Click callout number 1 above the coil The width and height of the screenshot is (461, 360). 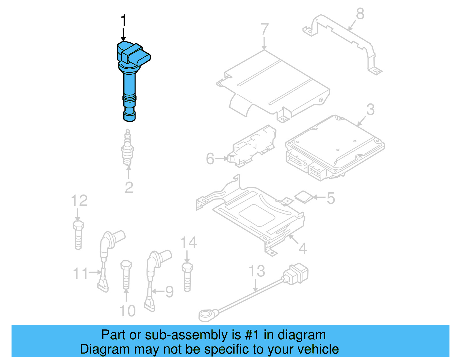point(123,21)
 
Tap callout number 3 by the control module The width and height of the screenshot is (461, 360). point(371,110)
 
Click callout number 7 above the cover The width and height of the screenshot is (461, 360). point(264,29)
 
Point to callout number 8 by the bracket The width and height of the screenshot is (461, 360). point(360,14)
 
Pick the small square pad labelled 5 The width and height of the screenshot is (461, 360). point(303,197)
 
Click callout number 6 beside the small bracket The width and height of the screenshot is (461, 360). point(210,159)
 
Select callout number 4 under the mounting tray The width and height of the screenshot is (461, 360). point(303,248)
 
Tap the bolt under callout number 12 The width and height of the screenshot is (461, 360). point(78,235)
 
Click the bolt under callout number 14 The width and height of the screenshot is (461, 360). point(187,277)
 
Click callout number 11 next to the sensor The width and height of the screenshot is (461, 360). point(80,274)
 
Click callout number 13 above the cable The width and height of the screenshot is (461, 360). point(256,271)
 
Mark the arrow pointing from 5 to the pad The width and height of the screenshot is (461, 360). point(319,197)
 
